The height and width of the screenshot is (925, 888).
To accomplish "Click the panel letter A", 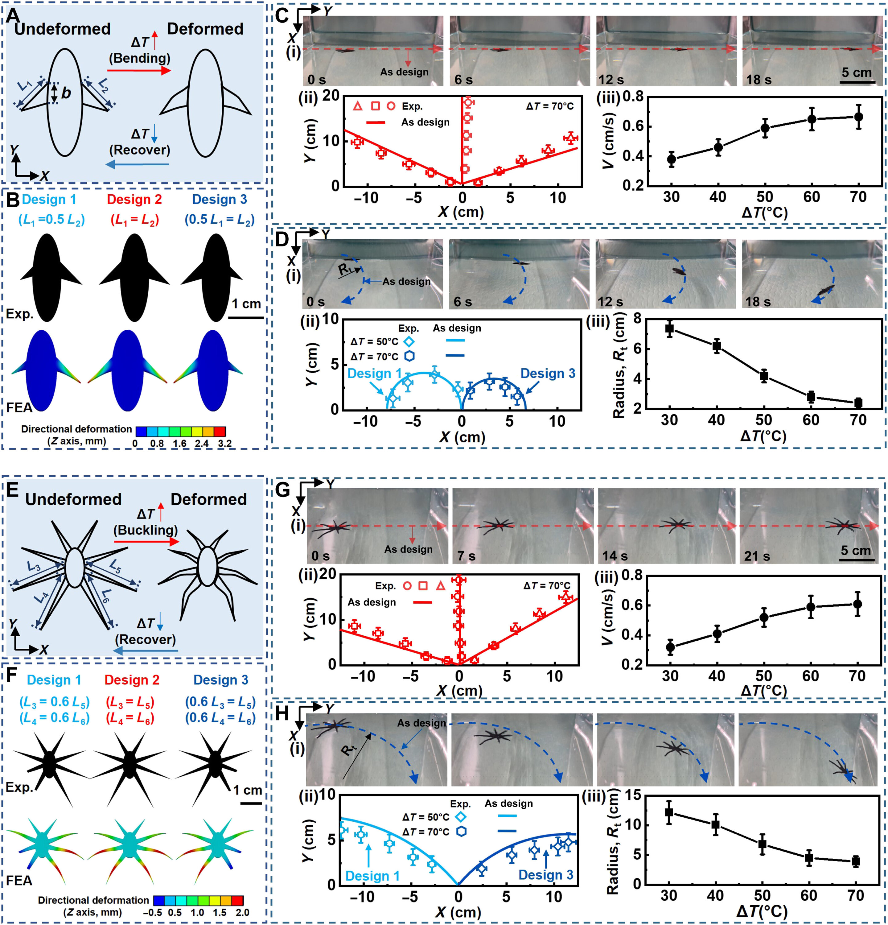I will click(13, 15).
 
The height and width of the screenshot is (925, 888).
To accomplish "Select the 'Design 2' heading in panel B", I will click(134, 200).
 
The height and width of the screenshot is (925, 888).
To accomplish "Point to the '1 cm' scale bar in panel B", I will click(246, 318).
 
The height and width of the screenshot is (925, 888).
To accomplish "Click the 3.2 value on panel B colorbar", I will click(224, 443).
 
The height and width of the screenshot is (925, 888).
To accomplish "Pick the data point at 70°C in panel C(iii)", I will click(858, 117).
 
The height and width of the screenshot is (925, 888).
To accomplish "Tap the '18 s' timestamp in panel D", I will click(758, 302).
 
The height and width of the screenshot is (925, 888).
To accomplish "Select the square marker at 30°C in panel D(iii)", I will click(669, 328).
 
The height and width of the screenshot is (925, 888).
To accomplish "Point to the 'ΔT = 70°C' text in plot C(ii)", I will click(550, 106).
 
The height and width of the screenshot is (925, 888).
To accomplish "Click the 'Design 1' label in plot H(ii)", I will click(372, 876).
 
